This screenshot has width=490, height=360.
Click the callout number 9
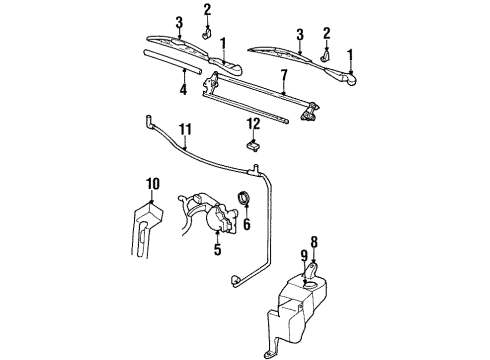(304, 258)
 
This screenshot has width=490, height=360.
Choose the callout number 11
(183, 130)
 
